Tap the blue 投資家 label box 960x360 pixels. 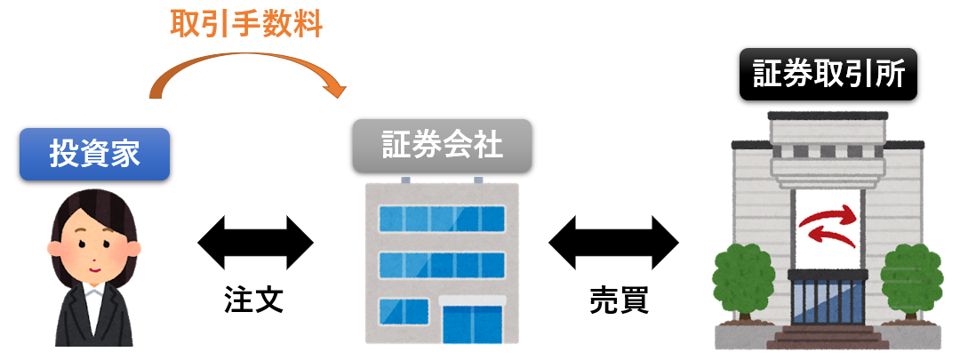point(94,153)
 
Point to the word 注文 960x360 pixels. point(253,300)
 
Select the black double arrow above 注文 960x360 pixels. point(255,241)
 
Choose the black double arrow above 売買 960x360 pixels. point(613,241)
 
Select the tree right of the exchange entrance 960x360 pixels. point(912,280)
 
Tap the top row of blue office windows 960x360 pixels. point(442,216)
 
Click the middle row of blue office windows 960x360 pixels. point(442,264)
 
